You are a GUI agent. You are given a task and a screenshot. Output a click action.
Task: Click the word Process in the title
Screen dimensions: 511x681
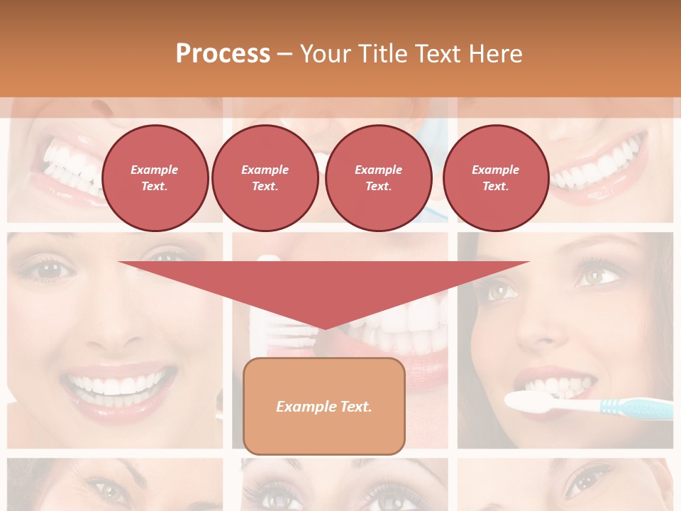click(223, 54)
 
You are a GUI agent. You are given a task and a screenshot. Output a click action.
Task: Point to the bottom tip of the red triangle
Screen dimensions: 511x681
click(324, 328)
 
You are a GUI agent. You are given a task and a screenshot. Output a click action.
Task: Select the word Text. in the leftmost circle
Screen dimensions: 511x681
click(155, 186)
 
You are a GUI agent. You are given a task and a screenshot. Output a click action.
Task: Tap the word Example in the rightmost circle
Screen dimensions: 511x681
click(495, 170)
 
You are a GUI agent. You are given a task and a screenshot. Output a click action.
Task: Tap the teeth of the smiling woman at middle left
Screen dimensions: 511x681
click(117, 385)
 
